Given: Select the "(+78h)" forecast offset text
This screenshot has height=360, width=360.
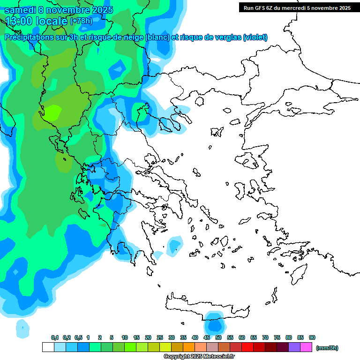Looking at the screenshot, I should tap(81, 21).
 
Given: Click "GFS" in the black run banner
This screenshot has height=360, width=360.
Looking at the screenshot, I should tap(260, 7).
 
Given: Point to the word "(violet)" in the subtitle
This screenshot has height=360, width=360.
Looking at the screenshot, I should tap(255, 37).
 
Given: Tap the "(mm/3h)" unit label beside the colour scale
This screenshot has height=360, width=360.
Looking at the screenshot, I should tap(327, 348).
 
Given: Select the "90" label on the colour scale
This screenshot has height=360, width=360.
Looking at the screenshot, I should tap(312, 337).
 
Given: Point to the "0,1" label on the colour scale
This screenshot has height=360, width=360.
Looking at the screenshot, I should tap(55, 337).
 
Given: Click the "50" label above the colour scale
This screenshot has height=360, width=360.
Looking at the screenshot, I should tap(218, 337).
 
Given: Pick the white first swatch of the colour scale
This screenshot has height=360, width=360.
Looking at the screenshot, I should tap(48, 347).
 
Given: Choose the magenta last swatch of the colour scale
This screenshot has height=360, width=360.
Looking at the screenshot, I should tap(306, 347).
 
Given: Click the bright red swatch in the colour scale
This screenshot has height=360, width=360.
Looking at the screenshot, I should tap(247, 347).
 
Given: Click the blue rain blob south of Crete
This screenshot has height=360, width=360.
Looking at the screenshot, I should tap(215, 324).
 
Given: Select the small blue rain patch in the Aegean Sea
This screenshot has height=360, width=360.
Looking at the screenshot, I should tap(175, 245).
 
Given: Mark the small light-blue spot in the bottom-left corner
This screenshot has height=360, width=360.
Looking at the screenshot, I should tap(22, 327).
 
